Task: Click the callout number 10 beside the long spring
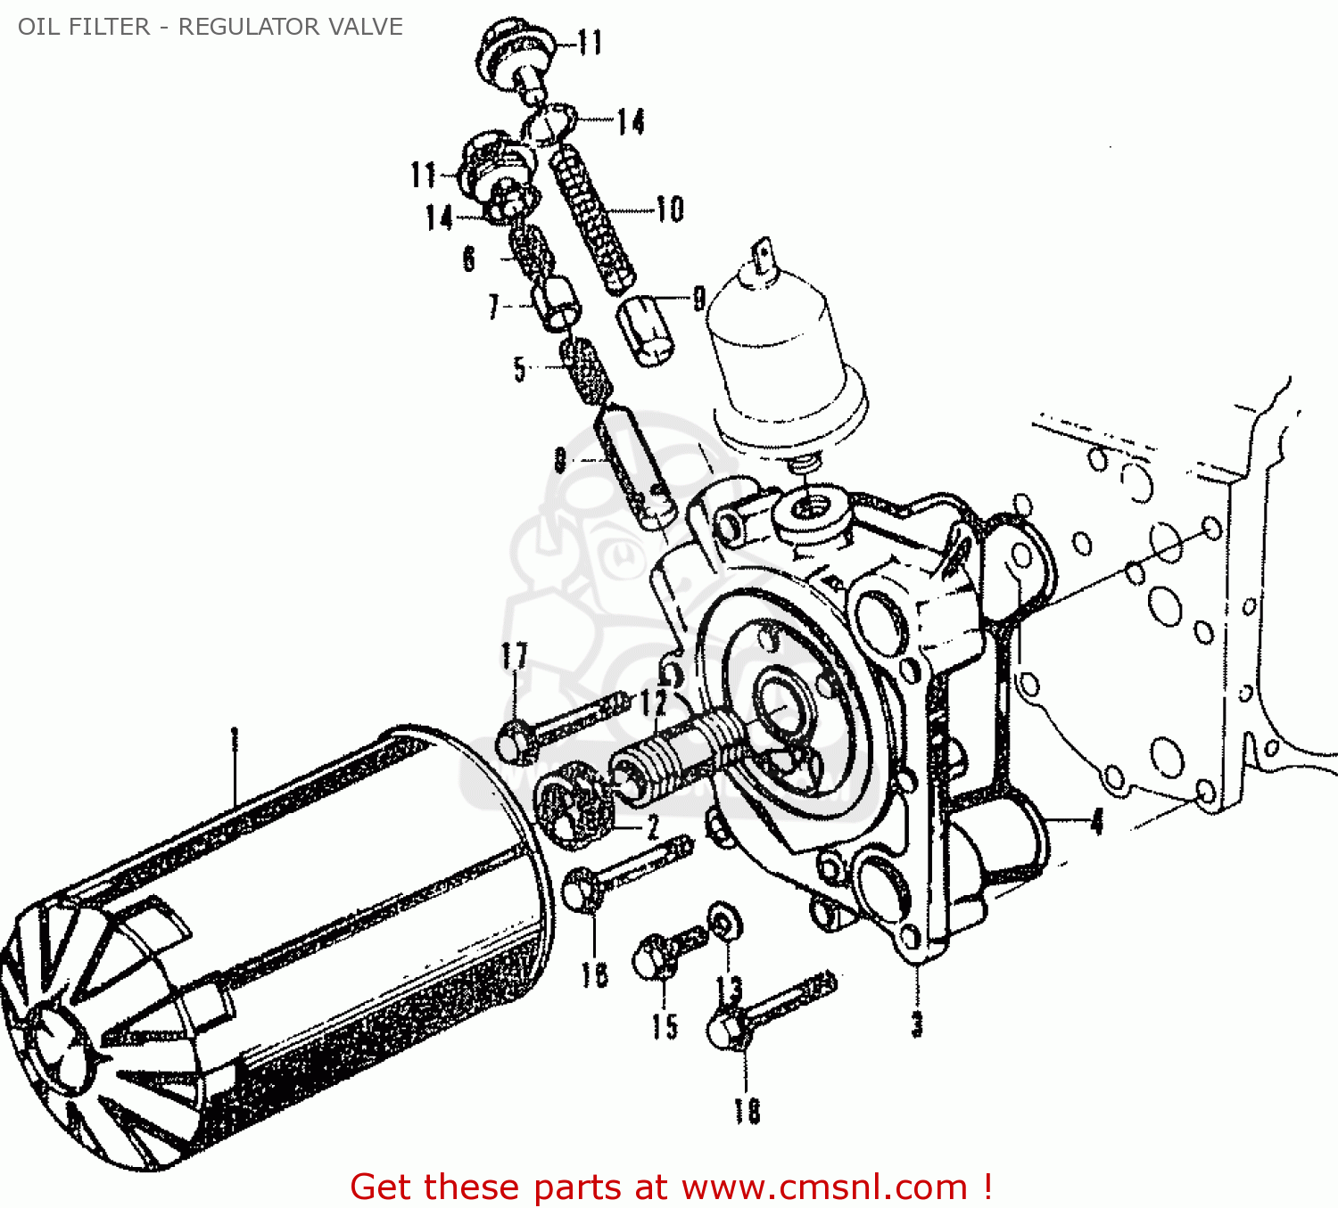click(670, 210)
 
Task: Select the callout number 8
click(560, 460)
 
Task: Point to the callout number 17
click(514, 656)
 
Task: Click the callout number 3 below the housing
click(917, 1024)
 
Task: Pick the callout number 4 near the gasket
click(1097, 821)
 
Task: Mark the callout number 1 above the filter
click(235, 739)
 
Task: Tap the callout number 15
click(665, 1026)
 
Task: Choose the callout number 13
click(729, 989)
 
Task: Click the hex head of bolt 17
click(514, 743)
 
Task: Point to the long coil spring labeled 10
click(592, 221)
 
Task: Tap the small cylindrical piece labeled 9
click(646, 331)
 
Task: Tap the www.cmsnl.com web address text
click(824, 1187)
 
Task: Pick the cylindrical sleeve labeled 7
click(557, 303)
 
